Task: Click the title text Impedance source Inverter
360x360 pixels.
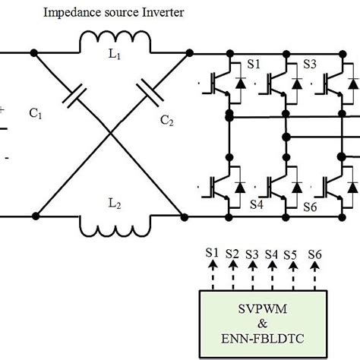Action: coord(113,13)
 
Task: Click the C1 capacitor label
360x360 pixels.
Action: coord(36,115)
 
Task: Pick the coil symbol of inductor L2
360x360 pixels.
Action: coord(110,226)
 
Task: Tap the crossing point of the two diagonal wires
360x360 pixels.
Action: coord(110,134)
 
